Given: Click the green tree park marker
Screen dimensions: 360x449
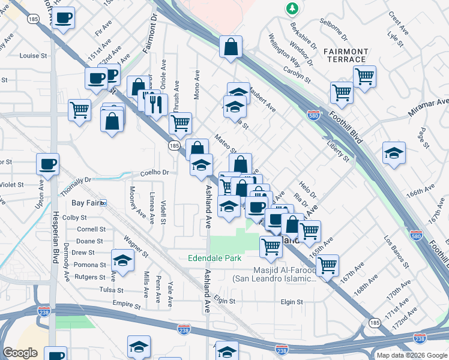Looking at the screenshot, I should (292, 8).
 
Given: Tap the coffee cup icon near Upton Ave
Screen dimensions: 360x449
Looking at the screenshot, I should (48, 164).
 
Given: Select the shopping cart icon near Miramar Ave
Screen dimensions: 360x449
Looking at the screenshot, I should (364, 76).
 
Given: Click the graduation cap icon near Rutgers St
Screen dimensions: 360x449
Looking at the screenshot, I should (122, 261).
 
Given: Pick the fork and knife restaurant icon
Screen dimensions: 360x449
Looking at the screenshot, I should (156, 103).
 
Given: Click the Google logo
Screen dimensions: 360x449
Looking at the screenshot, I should (20, 353).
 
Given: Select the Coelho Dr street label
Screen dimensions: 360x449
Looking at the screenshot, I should (155, 172).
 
